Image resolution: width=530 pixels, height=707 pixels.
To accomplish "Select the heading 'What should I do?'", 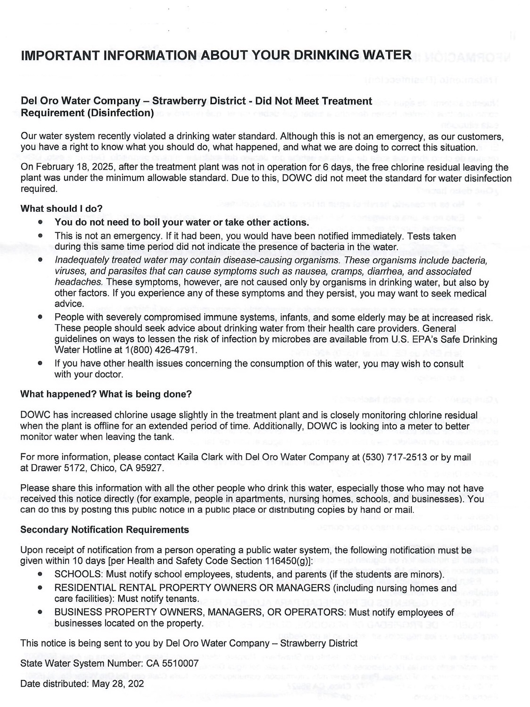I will coord(61,208).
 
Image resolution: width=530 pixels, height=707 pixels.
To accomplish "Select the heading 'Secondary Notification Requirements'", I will coord(104,530).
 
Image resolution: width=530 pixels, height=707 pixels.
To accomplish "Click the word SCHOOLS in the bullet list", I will coord(78,574).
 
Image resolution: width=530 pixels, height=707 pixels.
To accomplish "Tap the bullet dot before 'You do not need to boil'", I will coord(41,222).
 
